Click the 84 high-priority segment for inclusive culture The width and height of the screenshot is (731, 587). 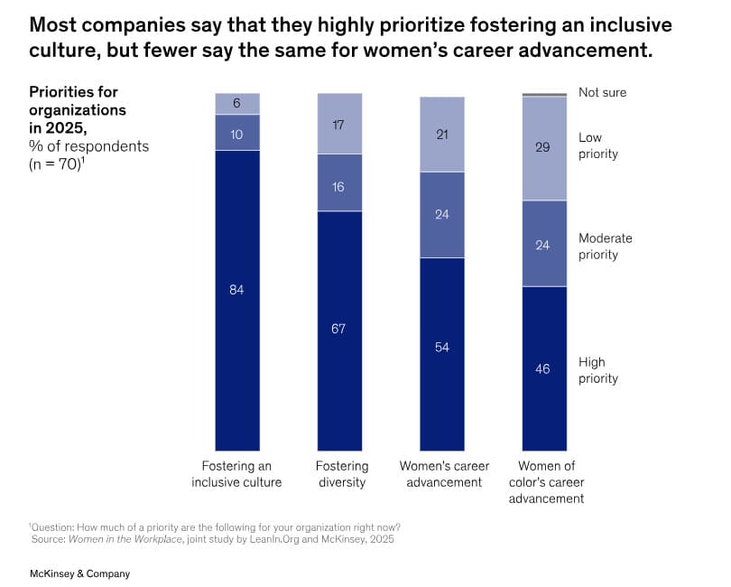(237, 301)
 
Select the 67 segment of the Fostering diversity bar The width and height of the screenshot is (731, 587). (339, 331)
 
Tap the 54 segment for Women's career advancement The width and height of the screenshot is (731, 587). (442, 354)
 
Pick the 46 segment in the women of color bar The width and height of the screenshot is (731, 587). (544, 368)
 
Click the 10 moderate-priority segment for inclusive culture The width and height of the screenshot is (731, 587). (237, 133)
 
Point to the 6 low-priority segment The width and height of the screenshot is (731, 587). (237, 104)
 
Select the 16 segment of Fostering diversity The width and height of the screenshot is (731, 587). (339, 183)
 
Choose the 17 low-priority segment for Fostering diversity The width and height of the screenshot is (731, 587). (339, 124)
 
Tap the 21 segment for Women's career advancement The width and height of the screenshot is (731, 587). (442, 135)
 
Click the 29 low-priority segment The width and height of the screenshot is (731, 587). (544, 148)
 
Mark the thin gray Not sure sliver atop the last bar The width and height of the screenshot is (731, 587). (544, 95)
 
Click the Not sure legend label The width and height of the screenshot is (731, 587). (602, 92)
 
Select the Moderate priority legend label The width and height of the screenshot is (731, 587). (606, 247)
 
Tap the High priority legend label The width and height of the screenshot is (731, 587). (598, 370)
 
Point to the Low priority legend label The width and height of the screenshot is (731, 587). (598, 145)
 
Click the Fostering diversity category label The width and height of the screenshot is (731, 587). (342, 474)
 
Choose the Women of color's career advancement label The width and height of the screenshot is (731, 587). (546, 482)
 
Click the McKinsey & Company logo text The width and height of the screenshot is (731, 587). (79, 574)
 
